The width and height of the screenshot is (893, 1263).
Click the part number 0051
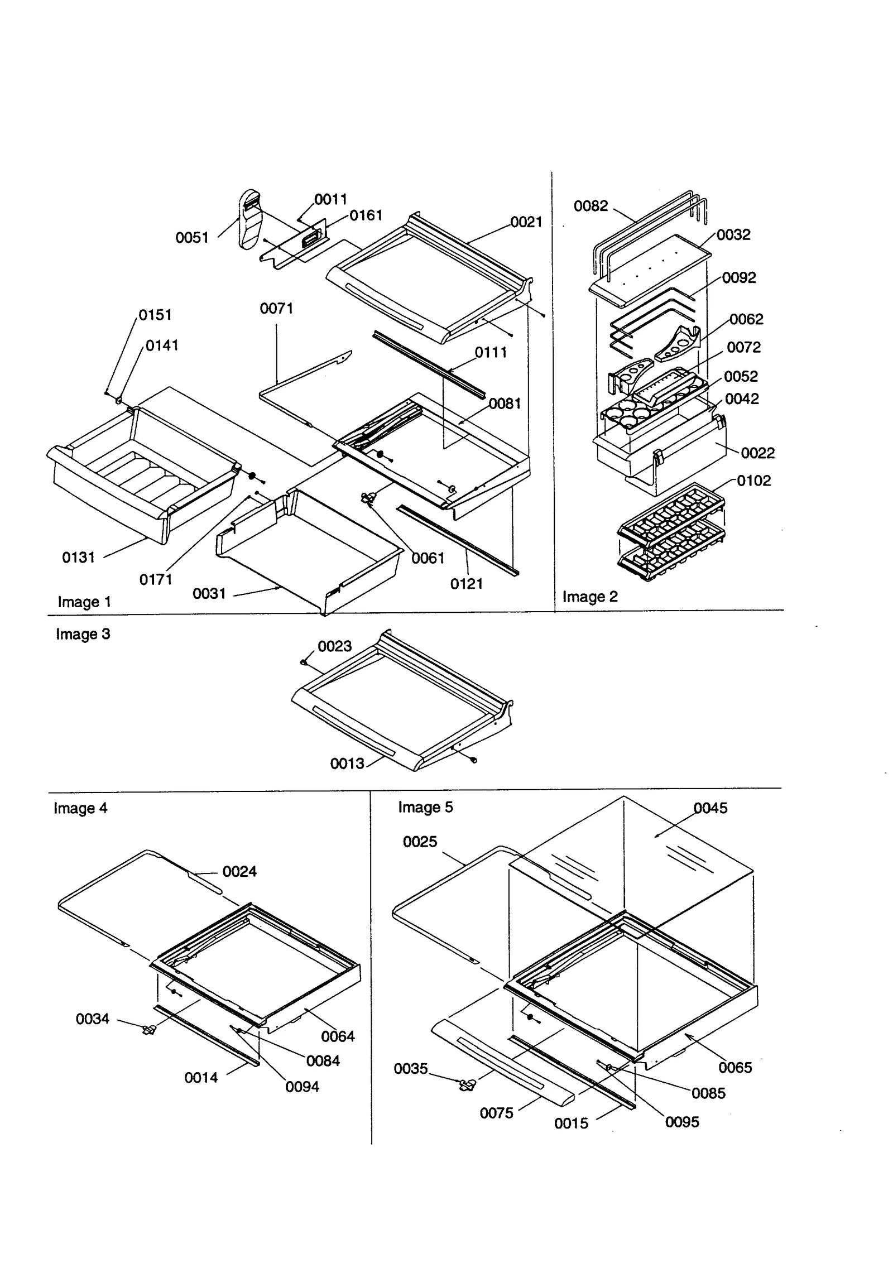coord(191,238)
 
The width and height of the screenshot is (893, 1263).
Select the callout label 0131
coord(78,557)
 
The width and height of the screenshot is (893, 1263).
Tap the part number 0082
coord(590,206)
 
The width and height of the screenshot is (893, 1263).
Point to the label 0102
coord(753,481)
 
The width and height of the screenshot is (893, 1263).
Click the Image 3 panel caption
coord(83,634)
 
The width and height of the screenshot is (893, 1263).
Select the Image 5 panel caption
coord(425,807)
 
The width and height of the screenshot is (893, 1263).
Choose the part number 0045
coord(710,808)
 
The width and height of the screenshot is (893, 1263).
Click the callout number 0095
coord(681,1122)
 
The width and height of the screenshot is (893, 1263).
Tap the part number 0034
coord(92,1019)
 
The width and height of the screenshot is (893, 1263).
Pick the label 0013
coord(347,763)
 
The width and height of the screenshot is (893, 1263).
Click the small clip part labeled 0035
coord(467,1085)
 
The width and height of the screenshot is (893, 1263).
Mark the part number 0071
coord(276,308)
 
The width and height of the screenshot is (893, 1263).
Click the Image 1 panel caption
coord(84,602)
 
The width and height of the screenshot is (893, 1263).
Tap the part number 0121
coord(466,584)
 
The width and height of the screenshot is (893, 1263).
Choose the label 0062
coord(746,319)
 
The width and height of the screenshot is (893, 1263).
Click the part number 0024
coord(239,871)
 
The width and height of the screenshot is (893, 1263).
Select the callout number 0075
coord(496,1113)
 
